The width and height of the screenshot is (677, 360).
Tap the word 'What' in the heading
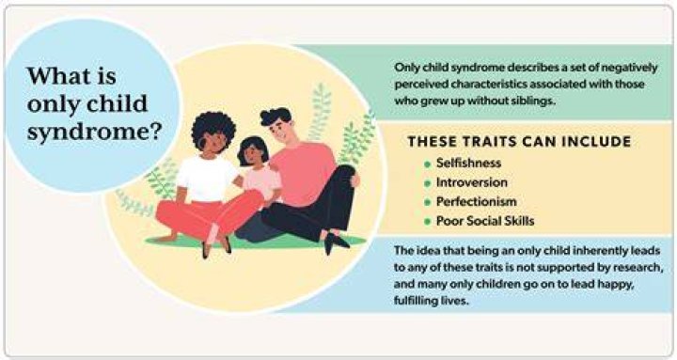tap(54, 76)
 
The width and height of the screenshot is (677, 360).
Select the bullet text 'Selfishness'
tap(468, 163)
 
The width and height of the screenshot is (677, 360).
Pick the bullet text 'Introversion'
tap(472, 182)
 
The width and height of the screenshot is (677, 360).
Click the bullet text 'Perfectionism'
tap(476, 201)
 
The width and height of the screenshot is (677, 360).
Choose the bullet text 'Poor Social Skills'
tap(485, 221)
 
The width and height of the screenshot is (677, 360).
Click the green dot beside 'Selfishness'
tap(428, 164)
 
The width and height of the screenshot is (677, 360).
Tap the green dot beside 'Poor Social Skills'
tap(428, 222)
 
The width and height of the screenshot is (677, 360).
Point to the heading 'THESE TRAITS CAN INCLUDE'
tap(519, 142)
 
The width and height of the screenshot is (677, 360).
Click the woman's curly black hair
tap(213, 129)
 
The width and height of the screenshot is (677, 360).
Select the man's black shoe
tap(336, 242)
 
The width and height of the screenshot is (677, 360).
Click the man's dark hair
tap(276, 116)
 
